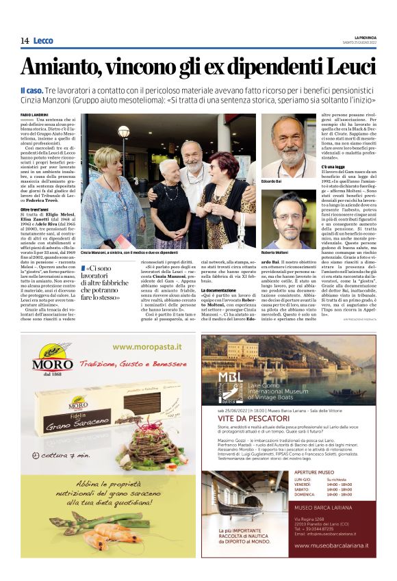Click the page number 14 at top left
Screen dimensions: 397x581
pyautogui.click(x=24, y=41)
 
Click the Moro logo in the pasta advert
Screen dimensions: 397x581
pyautogui.click(x=42, y=361)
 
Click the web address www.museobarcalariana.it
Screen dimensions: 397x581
pyautogui.click(x=331, y=545)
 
